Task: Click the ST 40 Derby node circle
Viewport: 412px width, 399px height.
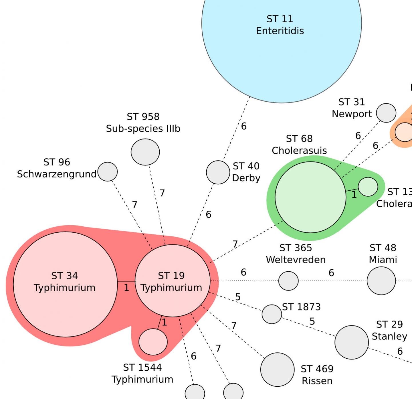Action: (218, 172)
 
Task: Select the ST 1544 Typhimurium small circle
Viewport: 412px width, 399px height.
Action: (153, 342)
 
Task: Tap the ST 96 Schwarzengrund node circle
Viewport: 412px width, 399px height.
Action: (108, 172)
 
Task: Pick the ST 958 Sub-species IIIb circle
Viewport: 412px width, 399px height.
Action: (145, 152)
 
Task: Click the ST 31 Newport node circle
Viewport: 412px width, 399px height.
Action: (386, 113)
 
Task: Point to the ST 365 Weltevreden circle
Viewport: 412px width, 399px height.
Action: (288, 281)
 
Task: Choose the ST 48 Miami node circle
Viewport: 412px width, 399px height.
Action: (381, 281)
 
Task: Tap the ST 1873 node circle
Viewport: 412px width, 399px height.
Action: (272, 314)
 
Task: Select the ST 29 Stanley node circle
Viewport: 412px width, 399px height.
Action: (352, 342)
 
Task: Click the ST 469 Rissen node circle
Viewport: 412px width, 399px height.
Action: (277, 370)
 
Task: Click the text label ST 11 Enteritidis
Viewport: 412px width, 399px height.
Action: (280, 25)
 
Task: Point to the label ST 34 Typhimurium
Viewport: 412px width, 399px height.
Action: (65, 282)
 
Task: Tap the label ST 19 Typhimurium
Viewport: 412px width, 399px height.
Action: (171, 282)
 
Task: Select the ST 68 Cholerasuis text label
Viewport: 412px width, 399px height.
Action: (299, 145)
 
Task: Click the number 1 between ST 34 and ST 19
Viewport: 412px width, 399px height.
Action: (126, 288)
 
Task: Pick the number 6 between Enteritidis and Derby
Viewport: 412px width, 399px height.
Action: (244, 126)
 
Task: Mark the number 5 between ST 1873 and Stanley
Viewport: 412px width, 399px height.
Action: (312, 321)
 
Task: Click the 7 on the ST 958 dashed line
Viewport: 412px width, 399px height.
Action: (162, 193)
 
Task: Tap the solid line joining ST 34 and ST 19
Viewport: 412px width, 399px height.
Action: (126, 282)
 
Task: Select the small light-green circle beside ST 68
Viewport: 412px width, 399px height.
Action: (368, 187)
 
